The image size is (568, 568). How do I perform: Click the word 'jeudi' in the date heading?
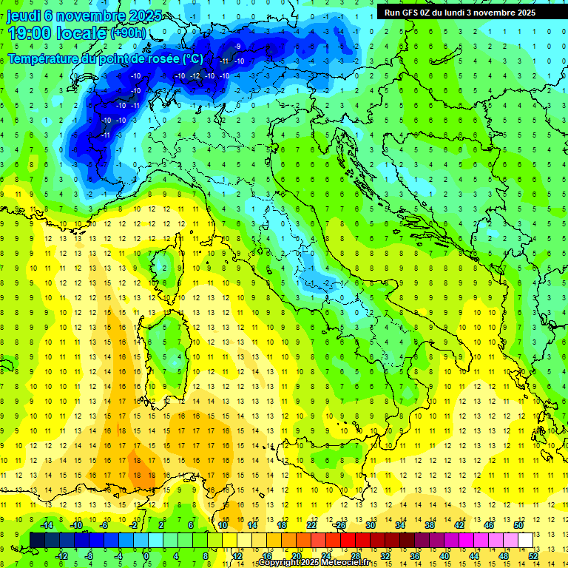tap(23, 16)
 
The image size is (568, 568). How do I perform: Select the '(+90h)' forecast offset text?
tap(128, 33)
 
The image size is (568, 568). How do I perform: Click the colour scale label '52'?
tap(533, 555)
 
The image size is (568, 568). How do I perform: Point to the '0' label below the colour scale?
tap(146, 555)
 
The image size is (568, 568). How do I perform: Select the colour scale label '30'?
tap(371, 525)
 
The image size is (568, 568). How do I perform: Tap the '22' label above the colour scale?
tap(311, 525)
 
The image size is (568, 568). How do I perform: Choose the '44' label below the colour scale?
tap(474, 555)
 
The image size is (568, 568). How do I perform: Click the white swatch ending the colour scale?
tap(526, 540)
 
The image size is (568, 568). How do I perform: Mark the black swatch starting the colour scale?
tap(38, 540)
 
